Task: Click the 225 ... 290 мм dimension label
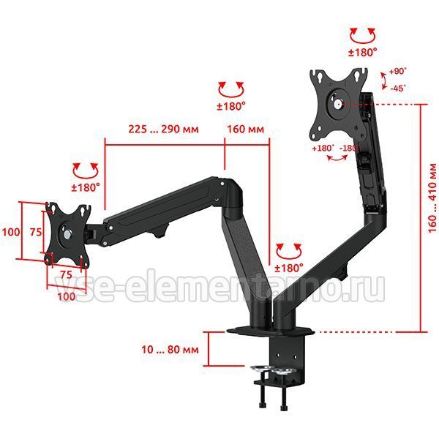[x=163, y=129]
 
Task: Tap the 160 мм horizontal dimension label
[x=245, y=129]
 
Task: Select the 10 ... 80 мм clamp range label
[x=170, y=350]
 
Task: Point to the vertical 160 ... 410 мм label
[x=432, y=198]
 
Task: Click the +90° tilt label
[x=397, y=71]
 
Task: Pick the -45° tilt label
[x=398, y=89]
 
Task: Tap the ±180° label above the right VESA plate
[x=363, y=53]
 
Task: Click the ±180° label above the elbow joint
[x=231, y=106]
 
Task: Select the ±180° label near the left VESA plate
[x=86, y=187]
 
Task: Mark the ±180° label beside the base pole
[x=289, y=268]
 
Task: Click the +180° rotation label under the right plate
[x=323, y=148]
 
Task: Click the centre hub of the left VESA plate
[x=67, y=234]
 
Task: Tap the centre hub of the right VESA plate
[x=338, y=104]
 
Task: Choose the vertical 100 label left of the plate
[x=11, y=232]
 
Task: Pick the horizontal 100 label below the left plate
[x=67, y=296]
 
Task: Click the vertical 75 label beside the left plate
[x=36, y=232]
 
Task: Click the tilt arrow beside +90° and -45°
[x=384, y=80]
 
